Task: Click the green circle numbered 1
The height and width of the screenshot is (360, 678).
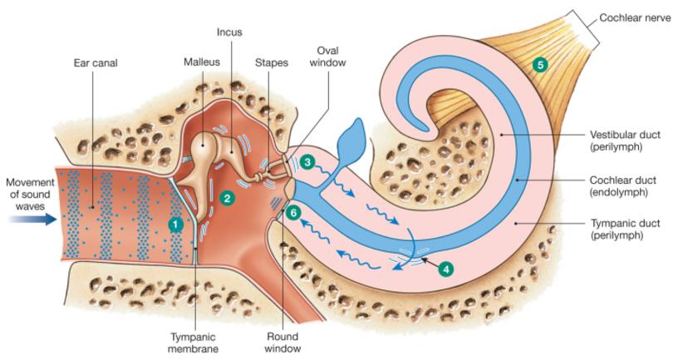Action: click(x=174, y=224)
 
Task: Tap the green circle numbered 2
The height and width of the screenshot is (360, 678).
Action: click(x=226, y=197)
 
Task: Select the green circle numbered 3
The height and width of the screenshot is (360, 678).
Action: click(x=307, y=162)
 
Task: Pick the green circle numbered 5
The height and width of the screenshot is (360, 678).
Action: click(x=541, y=64)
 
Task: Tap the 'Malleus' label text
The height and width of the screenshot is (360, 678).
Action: click(x=201, y=62)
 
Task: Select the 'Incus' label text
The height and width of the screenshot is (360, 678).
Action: click(x=229, y=33)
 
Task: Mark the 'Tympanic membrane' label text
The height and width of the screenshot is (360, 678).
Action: click(x=194, y=343)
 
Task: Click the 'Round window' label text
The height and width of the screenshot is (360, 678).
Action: click(x=282, y=343)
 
